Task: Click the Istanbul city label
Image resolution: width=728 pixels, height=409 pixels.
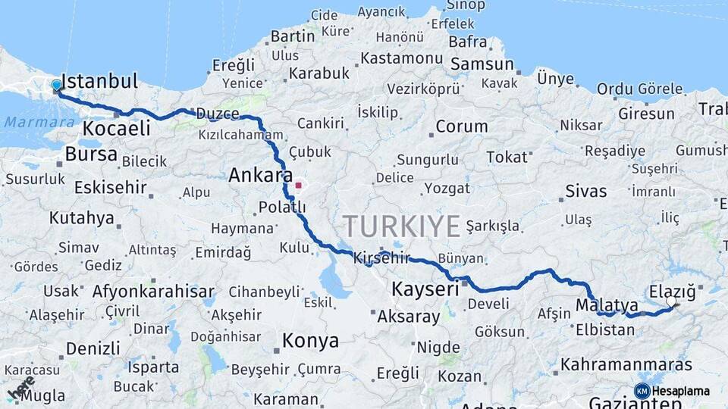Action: (99, 82)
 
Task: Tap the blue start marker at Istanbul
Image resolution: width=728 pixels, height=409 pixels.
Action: (57, 86)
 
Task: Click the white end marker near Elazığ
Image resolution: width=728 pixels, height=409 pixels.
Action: (671, 302)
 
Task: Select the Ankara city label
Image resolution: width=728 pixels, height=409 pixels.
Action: (261, 176)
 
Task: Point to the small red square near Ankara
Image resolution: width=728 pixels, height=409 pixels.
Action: (299, 185)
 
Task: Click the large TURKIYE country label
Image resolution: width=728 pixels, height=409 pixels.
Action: (401, 226)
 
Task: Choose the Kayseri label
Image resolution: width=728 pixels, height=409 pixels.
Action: (425, 289)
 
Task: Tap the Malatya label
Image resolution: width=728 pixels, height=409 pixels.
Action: (607, 305)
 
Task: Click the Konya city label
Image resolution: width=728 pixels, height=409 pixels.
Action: (310, 341)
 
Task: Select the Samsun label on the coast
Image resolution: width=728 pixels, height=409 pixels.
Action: (482, 64)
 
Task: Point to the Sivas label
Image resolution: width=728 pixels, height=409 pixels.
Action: (585, 191)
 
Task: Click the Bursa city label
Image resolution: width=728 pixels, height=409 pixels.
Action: (91, 155)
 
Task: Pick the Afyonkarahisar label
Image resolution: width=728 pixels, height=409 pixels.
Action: (153, 292)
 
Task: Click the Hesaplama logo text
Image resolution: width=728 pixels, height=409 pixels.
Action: (681, 392)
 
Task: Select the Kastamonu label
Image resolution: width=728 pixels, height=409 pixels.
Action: (400, 58)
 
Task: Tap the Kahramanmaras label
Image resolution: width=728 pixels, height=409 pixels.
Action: (626, 365)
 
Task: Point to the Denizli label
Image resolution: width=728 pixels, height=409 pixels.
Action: (93, 348)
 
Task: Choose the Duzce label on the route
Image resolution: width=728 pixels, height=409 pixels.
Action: (218, 114)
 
